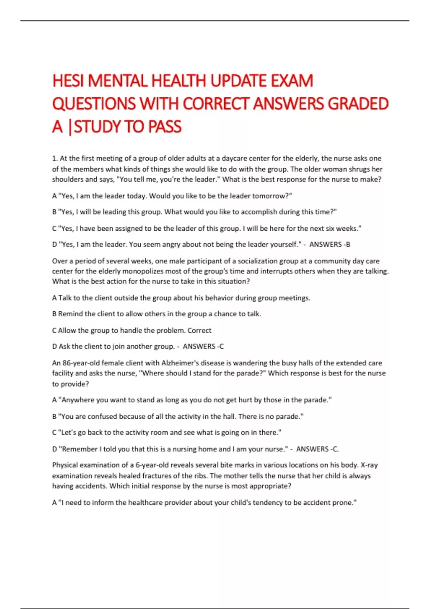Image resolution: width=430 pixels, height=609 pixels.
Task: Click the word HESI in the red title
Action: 68,81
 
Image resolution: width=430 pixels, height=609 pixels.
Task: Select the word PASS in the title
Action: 164,127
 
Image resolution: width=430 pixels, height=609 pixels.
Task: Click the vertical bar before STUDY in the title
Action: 69,127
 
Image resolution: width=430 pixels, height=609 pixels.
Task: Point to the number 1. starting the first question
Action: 55,158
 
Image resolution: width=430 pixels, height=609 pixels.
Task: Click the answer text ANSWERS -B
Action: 330,245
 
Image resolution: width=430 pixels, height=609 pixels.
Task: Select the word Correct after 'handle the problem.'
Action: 199,330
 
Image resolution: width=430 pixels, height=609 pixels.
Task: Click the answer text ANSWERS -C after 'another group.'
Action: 203,346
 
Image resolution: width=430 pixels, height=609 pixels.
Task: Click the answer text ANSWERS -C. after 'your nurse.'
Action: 317,449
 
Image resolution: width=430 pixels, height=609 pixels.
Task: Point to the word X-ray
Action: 369,465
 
